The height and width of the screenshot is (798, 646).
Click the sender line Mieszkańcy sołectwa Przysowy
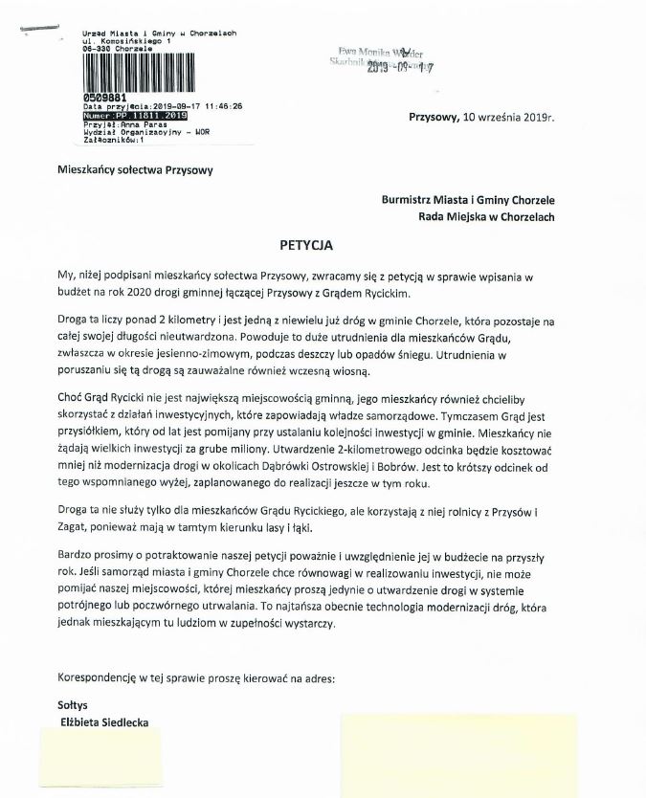pyautogui.click(x=133, y=170)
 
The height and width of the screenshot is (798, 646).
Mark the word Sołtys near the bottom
pyautogui.click(x=72, y=703)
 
